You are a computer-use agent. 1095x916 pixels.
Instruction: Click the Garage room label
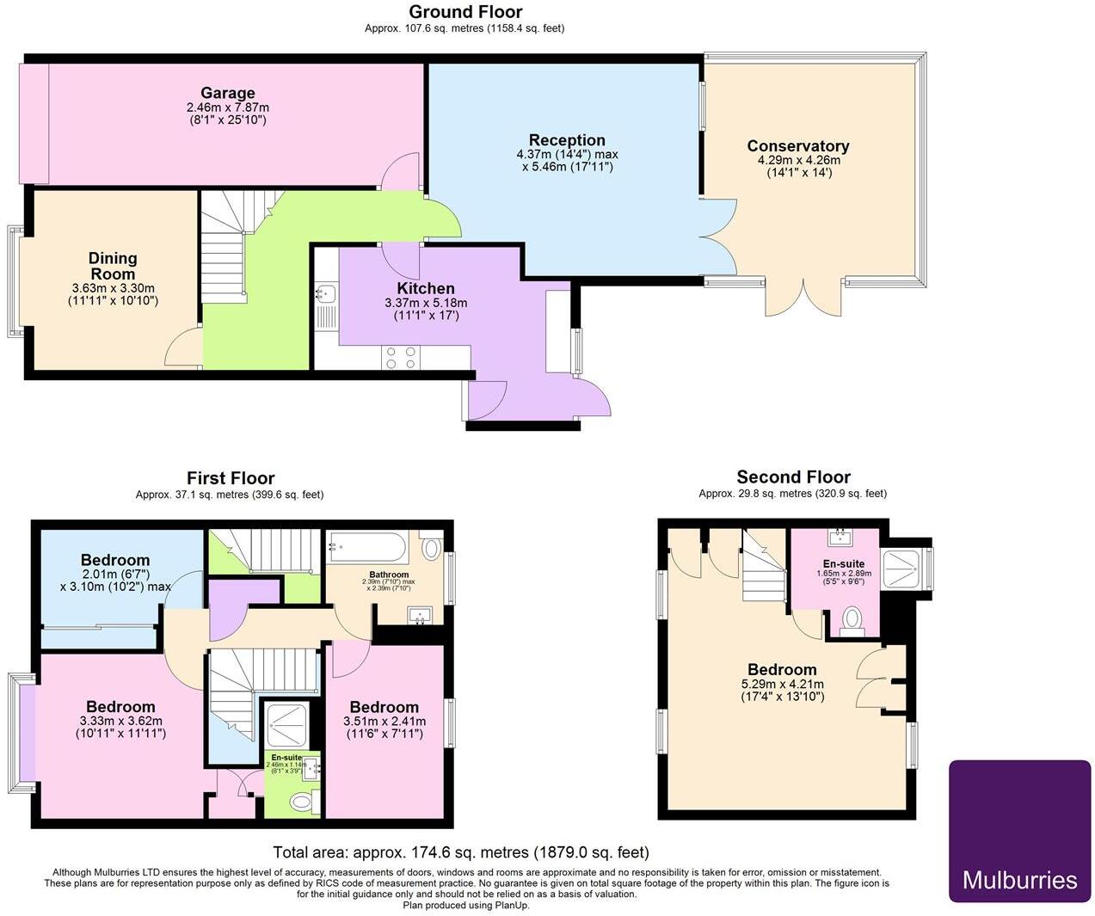pyautogui.click(x=228, y=93)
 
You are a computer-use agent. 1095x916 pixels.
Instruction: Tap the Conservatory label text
pyautogui.click(x=797, y=146)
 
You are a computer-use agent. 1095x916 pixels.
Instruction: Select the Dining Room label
pyautogui.click(x=113, y=266)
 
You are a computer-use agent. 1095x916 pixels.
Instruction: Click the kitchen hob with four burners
pyautogui.click(x=401, y=358)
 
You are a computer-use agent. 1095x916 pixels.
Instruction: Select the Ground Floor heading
pyautogui.click(x=464, y=12)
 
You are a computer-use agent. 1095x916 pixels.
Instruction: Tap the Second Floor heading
pyautogui.click(x=793, y=477)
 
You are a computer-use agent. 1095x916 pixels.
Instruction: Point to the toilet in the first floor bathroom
pyautogui.click(x=432, y=548)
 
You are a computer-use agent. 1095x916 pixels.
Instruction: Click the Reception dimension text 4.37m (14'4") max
pyautogui.click(x=567, y=155)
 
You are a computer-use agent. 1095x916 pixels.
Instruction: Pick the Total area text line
pyautogui.click(x=460, y=852)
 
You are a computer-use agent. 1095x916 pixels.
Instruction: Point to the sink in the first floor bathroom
pyautogui.click(x=421, y=615)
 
